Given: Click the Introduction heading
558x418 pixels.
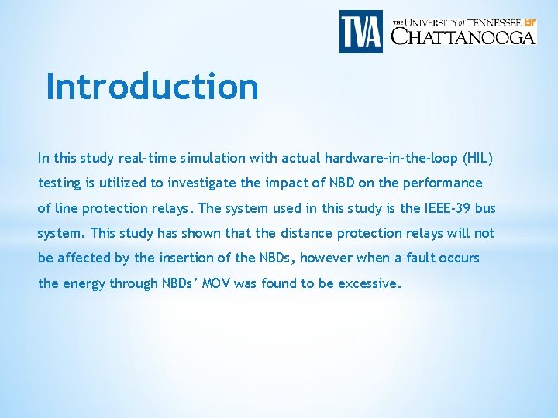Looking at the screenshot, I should click(152, 86).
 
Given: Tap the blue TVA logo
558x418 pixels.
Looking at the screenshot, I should click(360, 32).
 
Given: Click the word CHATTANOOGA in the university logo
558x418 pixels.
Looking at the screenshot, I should click(463, 36).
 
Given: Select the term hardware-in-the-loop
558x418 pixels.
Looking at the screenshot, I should click(394, 158).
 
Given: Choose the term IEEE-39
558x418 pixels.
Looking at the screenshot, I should click(447, 208).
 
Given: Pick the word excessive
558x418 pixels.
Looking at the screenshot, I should click(368, 283).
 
